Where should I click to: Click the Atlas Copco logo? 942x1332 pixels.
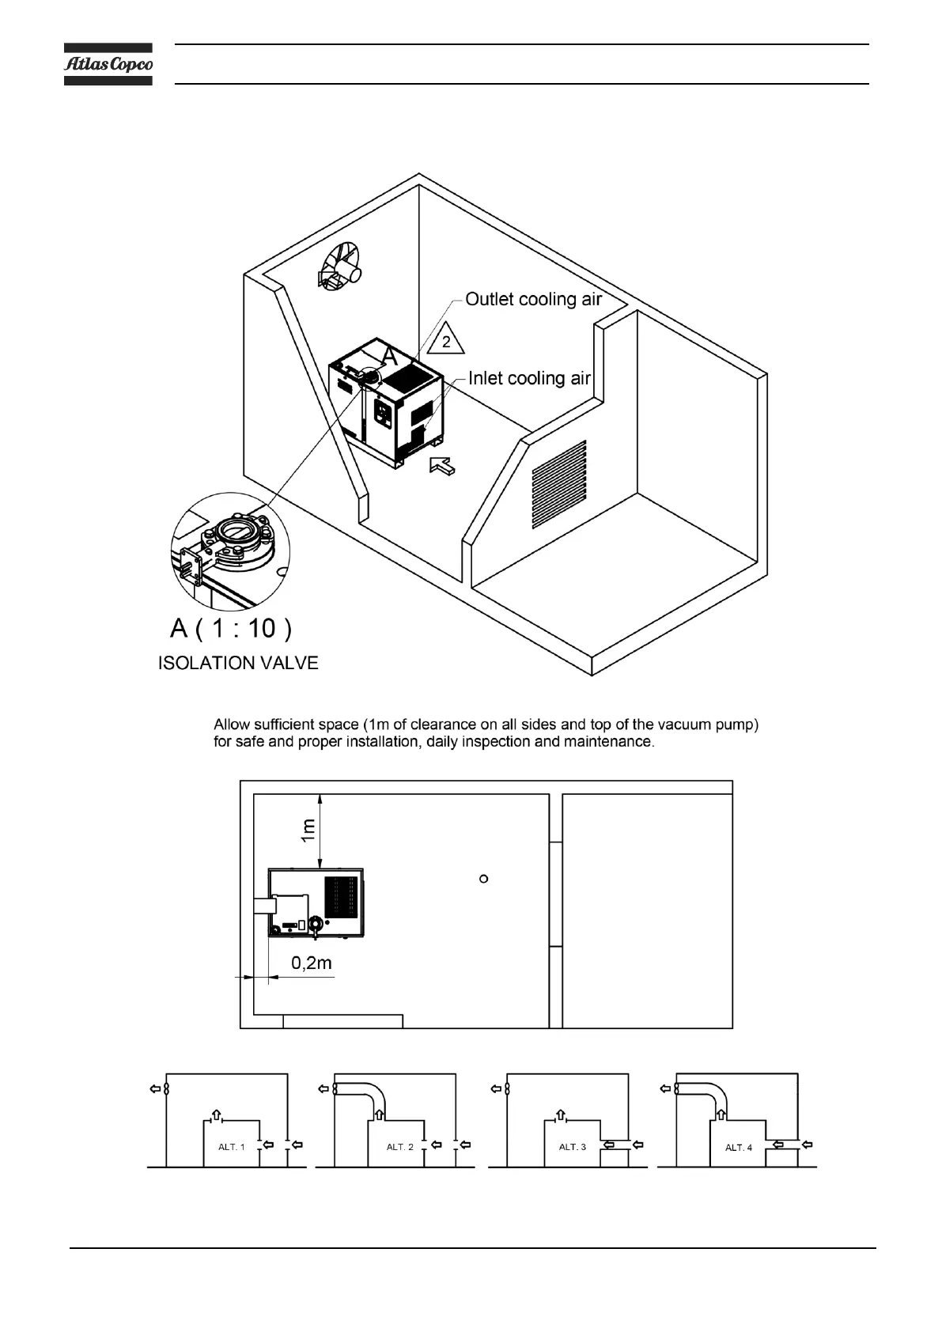coord(108,64)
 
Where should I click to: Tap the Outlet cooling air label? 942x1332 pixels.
coord(533,300)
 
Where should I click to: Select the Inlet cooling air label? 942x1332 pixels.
coord(529,379)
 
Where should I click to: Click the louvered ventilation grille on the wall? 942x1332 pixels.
coord(559,484)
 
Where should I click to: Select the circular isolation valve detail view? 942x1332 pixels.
coord(231,551)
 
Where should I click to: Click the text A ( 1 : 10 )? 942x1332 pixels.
coord(231,628)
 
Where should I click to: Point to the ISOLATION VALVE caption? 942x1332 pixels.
coord(238,663)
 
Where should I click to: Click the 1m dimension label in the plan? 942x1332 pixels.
coord(308,830)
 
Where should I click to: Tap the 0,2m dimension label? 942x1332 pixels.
coord(311,963)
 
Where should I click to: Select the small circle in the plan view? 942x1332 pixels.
coord(484,878)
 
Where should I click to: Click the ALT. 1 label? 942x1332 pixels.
coord(231,1147)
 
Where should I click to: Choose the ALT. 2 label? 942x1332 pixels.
coord(399,1147)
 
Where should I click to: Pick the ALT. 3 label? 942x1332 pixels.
coord(573,1147)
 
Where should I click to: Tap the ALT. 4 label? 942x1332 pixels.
coord(739,1148)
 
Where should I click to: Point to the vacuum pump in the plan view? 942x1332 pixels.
coord(316,903)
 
